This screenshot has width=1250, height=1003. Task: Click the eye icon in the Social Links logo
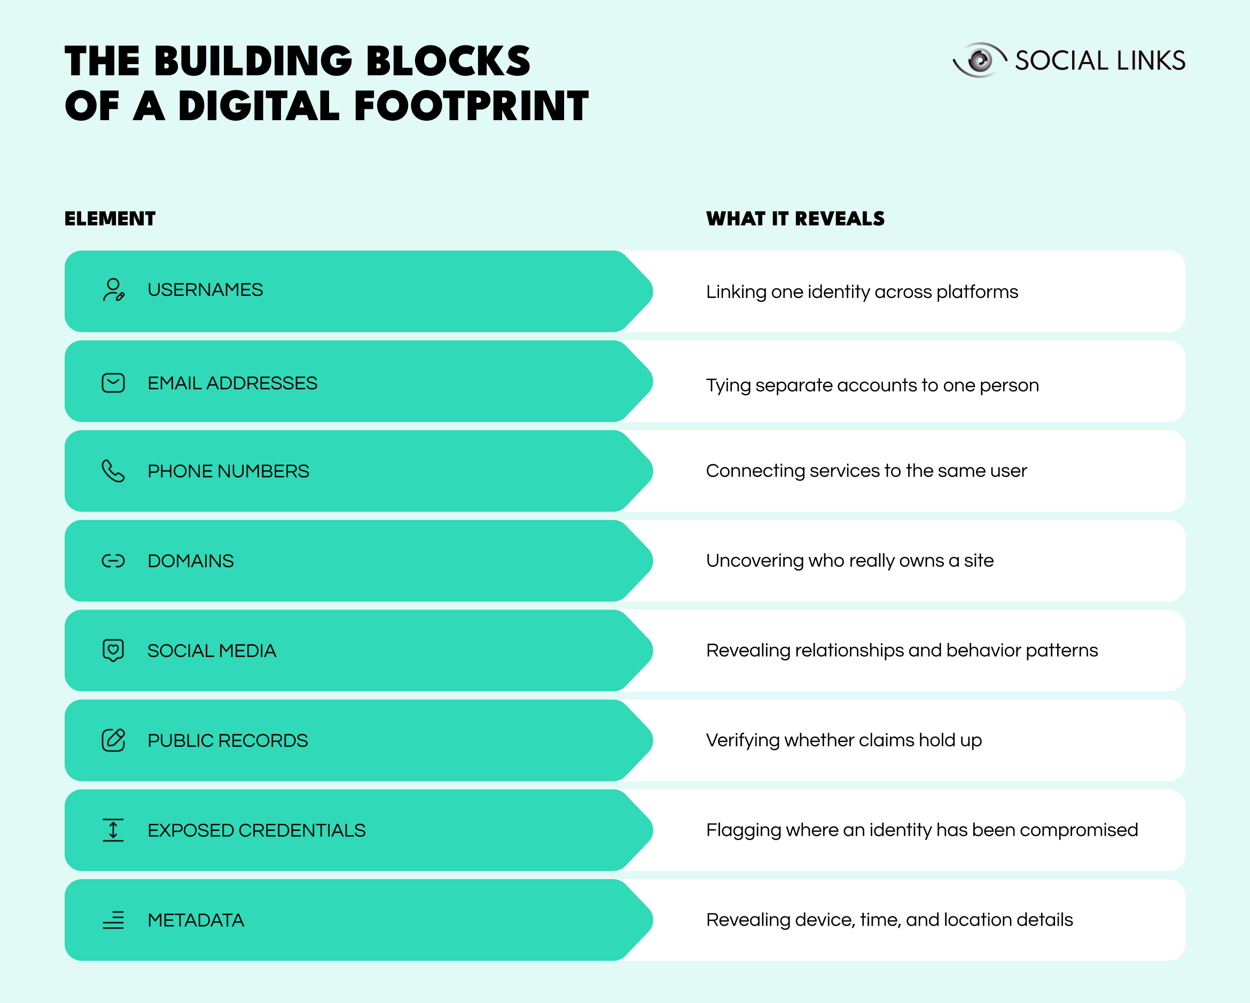(980, 60)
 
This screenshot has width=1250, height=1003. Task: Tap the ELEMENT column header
(110, 218)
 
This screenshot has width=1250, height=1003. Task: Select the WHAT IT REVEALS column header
(795, 218)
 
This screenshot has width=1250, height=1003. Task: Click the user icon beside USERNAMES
(113, 290)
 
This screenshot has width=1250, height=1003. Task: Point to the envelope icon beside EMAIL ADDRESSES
(113, 382)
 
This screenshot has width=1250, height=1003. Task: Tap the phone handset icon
(113, 471)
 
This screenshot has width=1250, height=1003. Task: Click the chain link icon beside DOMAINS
(113, 561)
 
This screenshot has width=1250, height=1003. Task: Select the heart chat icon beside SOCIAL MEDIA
(113, 651)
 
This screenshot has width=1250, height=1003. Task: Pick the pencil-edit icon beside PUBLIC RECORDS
(114, 740)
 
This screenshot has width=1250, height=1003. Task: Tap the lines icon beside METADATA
(113, 920)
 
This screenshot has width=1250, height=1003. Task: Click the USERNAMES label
(205, 290)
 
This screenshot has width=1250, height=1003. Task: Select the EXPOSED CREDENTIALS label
(257, 830)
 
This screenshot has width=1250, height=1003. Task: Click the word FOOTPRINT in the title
(471, 106)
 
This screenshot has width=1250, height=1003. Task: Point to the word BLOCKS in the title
(448, 61)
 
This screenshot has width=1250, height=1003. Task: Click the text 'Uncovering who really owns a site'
(850, 561)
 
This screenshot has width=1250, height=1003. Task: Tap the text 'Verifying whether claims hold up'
(844, 740)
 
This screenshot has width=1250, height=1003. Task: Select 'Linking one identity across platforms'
(862, 292)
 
